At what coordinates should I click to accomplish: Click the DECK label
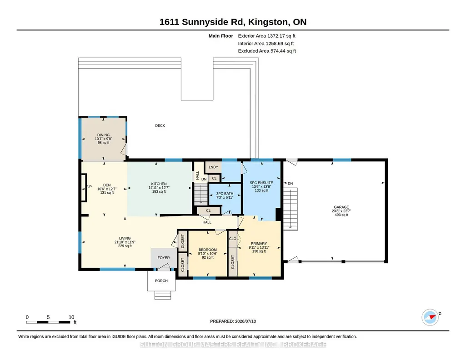160,125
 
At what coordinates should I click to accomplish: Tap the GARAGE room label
341,207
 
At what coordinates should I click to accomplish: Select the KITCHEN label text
159,184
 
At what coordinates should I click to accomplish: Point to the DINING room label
103,135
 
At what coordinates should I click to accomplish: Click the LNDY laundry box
213,167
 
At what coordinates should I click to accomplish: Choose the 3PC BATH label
225,193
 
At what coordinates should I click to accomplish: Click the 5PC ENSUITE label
261,183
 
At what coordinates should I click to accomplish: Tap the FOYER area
164,258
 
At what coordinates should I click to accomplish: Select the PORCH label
161,281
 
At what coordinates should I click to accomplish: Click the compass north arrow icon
431,317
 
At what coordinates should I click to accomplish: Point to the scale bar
49,322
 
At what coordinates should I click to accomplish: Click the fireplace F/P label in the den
89,187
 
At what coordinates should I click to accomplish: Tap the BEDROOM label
207,250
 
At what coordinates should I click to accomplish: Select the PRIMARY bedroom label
259,244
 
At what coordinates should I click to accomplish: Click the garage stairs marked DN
291,209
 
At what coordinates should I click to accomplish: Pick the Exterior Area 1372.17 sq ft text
266,36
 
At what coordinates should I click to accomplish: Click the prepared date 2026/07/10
246,321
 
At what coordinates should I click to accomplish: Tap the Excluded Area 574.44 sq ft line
267,51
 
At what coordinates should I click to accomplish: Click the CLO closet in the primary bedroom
233,239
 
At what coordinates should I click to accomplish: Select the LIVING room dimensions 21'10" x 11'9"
125,242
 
